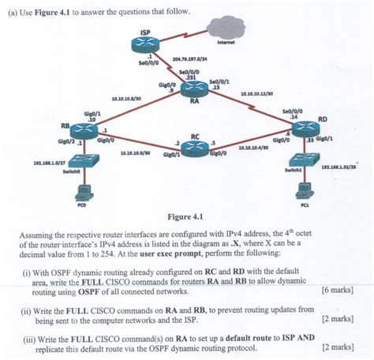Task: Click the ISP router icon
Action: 146,45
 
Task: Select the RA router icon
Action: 193,89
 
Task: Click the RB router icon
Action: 83,130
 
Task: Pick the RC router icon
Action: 195,145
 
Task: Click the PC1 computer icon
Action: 303,191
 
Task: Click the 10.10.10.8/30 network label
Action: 126,99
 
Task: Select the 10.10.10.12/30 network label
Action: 256,93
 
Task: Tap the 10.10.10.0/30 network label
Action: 136,153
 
